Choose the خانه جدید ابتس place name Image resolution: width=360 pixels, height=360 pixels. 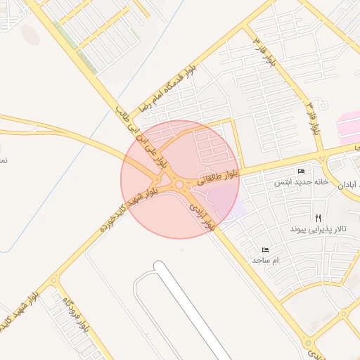(301, 182)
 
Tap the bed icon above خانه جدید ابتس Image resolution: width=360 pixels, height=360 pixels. (302, 172)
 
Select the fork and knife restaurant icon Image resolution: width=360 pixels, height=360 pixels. (318, 219)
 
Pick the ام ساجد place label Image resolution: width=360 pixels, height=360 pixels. (265, 260)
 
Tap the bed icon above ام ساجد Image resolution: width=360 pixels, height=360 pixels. (265, 250)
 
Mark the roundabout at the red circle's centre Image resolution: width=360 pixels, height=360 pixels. (180, 185)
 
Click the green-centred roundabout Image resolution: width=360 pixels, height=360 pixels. (308, 343)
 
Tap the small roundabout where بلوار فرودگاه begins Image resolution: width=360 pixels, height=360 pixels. (54, 280)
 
